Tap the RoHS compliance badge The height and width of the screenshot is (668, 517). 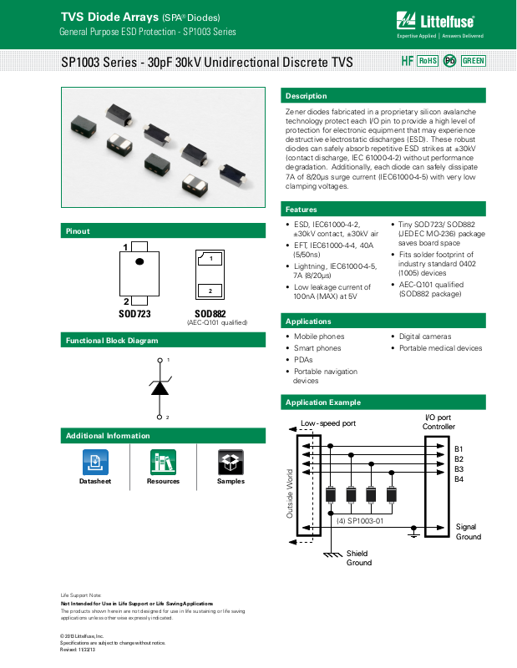click(x=428, y=61)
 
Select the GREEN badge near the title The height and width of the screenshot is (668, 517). click(x=474, y=61)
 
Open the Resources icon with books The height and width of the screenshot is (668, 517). click(x=163, y=461)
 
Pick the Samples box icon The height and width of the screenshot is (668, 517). click(x=231, y=461)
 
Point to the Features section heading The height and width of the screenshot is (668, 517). click(x=302, y=209)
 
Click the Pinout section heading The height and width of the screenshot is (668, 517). click(x=78, y=231)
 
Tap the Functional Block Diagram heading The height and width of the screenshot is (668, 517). click(x=112, y=341)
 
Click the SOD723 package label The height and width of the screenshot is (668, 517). click(x=134, y=314)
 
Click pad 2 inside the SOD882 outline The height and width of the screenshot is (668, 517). click(x=210, y=290)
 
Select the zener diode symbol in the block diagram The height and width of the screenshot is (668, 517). click(x=160, y=387)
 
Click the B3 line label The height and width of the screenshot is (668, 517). click(x=459, y=468)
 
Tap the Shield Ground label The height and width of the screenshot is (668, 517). click(x=359, y=558)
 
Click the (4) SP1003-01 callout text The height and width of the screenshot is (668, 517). click(x=360, y=520)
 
